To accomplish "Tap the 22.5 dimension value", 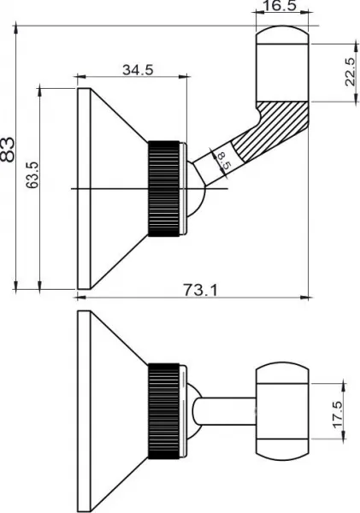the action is click(351, 72).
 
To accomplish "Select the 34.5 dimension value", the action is click(138, 70).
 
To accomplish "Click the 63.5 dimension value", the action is click(32, 174).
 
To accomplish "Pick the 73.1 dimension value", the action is click(200, 290).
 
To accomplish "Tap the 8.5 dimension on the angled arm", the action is click(223, 161).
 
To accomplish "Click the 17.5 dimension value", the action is click(338, 415).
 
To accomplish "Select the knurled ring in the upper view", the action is click(163, 189).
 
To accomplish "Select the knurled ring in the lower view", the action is click(163, 411).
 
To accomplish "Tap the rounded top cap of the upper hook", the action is click(282, 35).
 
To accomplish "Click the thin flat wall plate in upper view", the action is click(84, 189).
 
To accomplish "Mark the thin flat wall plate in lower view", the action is click(84, 411).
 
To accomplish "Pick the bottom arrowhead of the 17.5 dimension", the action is click(343, 435).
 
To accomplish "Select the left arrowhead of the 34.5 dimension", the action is click(80, 77).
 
